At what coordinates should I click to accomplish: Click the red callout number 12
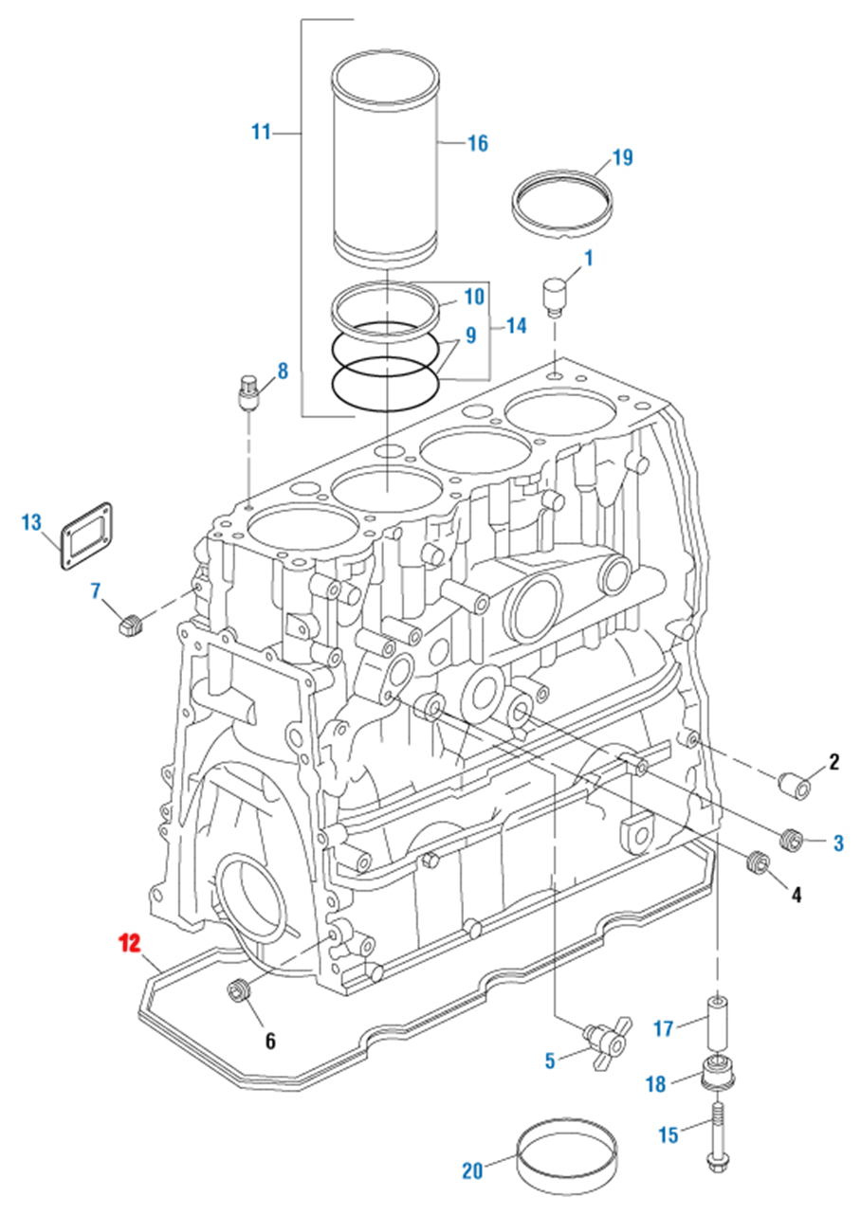[129, 943]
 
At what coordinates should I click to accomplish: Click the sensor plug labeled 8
[248, 392]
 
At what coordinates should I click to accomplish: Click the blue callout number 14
[515, 326]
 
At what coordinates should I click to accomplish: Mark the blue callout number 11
[261, 132]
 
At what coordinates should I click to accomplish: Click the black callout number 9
[471, 335]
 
